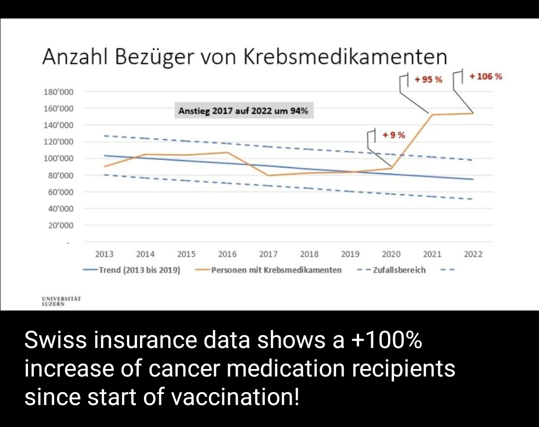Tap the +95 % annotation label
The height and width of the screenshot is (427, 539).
(x=428, y=79)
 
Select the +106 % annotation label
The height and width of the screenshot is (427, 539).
(x=486, y=76)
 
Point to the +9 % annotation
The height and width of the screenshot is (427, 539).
(x=394, y=135)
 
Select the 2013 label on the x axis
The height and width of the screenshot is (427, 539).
(x=104, y=254)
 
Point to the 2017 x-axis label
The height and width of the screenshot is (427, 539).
(x=268, y=254)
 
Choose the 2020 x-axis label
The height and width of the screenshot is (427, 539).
(x=391, y=254)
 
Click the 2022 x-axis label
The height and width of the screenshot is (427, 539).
(x=473, y=254)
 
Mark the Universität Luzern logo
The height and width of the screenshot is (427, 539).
(x=61, y=301)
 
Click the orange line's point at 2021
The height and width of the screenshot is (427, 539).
(x=432, y=114)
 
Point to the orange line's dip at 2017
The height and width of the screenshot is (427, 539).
(x=268, y=175)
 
